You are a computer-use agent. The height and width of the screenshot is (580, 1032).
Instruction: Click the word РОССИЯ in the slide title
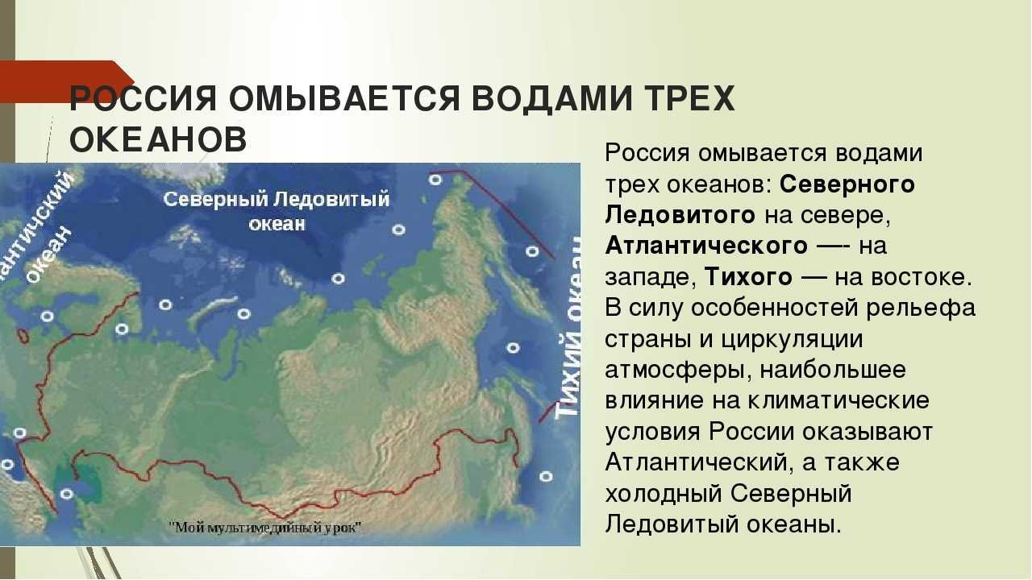coord(144,98)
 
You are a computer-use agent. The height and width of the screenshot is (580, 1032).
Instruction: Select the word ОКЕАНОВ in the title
coord(159,139)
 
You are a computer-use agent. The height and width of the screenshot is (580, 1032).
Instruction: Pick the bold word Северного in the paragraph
coord(847,184)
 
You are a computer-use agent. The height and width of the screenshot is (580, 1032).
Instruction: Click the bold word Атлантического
coord(706,246)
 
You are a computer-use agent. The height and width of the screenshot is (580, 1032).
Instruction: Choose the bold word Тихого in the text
coord(749,277)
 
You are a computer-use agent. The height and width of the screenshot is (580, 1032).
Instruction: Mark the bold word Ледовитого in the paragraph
coord(680,215)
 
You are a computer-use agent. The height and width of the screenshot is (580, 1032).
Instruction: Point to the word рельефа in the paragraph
coord(921,308)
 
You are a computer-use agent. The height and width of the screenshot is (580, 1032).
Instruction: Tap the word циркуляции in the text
coord(791,340)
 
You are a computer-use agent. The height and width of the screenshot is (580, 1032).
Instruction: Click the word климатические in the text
coord(838,400)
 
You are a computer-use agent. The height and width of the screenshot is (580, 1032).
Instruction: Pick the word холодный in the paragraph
coord(664,494)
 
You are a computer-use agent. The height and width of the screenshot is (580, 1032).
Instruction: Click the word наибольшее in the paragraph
coord(833,370)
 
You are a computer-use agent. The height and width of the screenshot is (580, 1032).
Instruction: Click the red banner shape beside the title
coord(64,81)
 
